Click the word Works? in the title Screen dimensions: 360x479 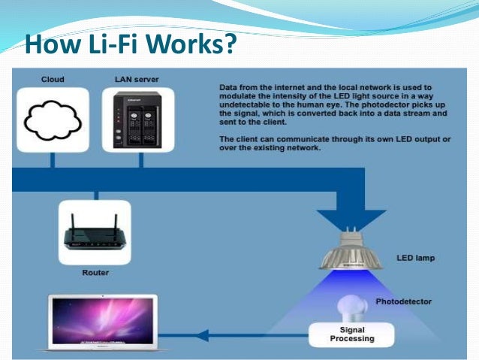(x=188, y=44)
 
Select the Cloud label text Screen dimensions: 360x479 (x=53, y=79)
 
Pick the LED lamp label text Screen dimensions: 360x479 (x=415, y=258)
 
